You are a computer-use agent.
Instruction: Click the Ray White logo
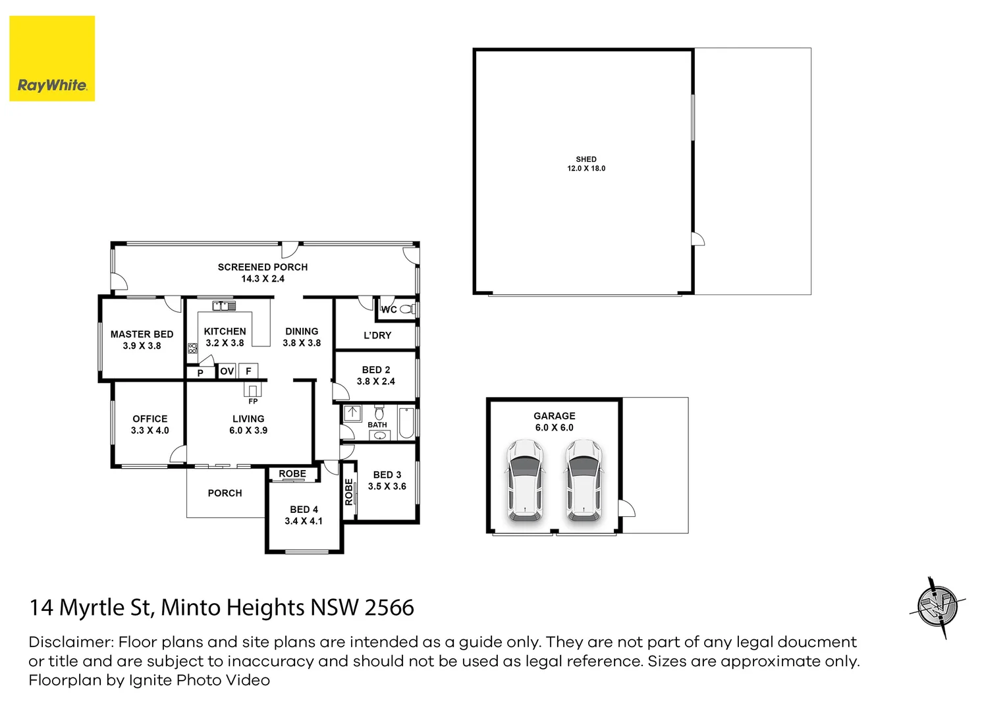coord(52,59)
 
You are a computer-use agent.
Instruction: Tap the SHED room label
coord(586,159)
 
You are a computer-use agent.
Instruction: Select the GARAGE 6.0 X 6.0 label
coord(555,421)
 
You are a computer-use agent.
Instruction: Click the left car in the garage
coord(525,480)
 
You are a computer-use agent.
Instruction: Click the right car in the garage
coord(583,480)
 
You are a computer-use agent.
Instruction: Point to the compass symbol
coord(938,607)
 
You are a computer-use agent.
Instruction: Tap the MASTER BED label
coord(142,334)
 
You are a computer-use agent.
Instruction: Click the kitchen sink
coord(224,306)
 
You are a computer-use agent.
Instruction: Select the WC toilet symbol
coord(407,309)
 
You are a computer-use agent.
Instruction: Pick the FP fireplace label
coord(253,401)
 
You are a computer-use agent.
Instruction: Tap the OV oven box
coord(227,371)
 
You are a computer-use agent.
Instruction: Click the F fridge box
coord(248,371)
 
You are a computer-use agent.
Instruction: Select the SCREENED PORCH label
coord(263,267)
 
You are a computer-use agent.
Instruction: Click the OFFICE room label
coord(150,419)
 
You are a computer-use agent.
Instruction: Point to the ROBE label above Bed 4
coord(292,474)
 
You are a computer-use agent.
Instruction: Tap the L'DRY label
coord(377,335)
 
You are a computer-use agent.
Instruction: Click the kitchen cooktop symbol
coord(192,348)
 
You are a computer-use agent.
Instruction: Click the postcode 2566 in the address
coord(389,608)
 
